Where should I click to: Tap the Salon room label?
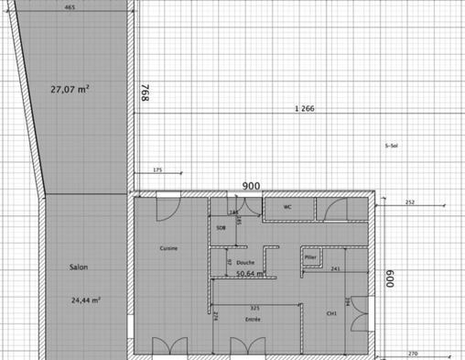(79, 268)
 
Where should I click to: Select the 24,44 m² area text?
(85, 300)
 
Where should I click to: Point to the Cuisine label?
(168, 248)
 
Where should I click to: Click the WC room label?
(287, 207)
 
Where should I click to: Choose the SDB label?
(221, 227)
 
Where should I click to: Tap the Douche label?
(244, 261)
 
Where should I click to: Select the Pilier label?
(310, 257)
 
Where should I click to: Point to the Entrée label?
(254, 320)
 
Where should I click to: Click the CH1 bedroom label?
(332, 314)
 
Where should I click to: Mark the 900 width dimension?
(251, 186)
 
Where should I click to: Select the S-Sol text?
(392, 146)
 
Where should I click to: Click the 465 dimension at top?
(70, 7)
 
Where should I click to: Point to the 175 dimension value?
(157, 171)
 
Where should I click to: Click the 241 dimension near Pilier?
(336, 268)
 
